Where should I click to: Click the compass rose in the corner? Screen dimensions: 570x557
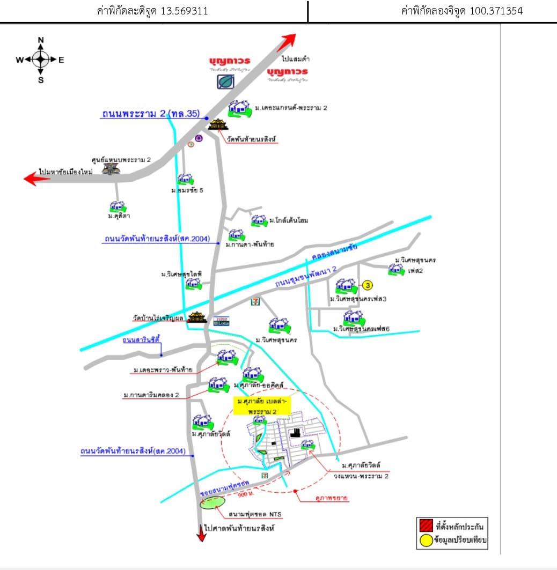(x=41, y=60)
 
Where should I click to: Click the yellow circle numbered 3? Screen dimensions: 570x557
(x=368, y=285)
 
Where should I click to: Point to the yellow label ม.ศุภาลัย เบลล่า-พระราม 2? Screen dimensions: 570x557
(x=262, y=406)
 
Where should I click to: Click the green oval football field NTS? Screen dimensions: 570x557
(x=212, y=503)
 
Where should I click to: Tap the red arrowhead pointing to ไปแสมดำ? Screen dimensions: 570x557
(x=288, y=41)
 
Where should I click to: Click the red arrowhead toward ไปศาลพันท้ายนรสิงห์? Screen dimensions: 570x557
(x=201, y=534)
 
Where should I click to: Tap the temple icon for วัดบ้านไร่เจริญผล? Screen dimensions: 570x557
(x=197, y=317)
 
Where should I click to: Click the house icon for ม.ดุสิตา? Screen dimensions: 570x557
(x=118, y=207)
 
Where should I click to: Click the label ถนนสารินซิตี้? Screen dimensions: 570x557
(x=142, y=339)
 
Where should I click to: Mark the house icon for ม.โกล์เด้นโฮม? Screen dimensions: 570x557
(x=259, y=220)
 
